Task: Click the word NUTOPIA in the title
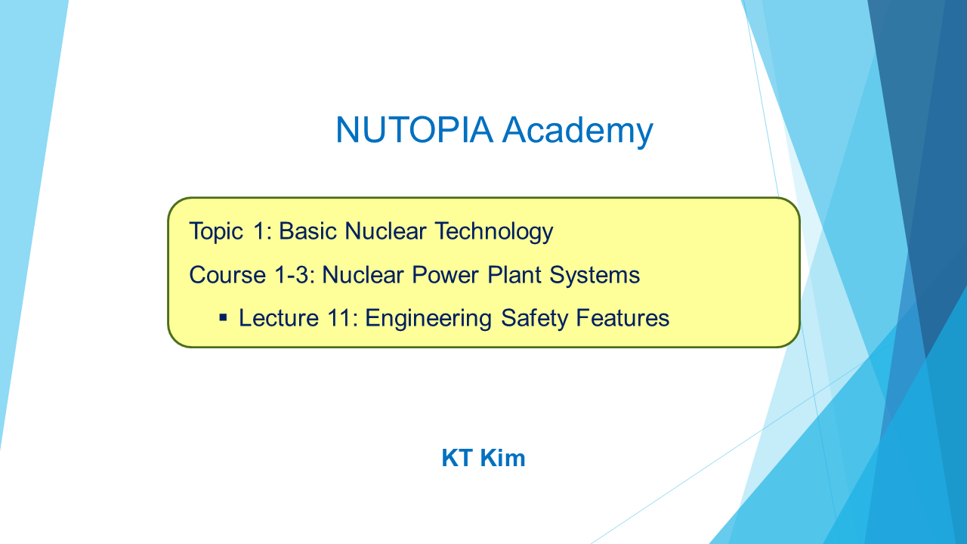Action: click(x=414, y=129)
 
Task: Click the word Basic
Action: click(x=307, y=230)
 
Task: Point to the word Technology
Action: click(x=494, y=232)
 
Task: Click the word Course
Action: click(x=227, y=275)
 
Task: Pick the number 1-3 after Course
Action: click(x=295, y=275)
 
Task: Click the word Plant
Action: click(x=514, y=275)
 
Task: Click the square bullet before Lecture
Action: click(x=223, y=318)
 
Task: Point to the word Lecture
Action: click(x=279, y=318)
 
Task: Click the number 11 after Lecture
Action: click(x=340, y=318)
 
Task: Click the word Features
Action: click(x=623, y=318)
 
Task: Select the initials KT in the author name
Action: click(x=457, y=458)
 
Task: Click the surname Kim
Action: click(x=503, y=458)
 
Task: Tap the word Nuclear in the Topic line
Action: click(x=385, y=230)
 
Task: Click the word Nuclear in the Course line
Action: click(x=363, y=275)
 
